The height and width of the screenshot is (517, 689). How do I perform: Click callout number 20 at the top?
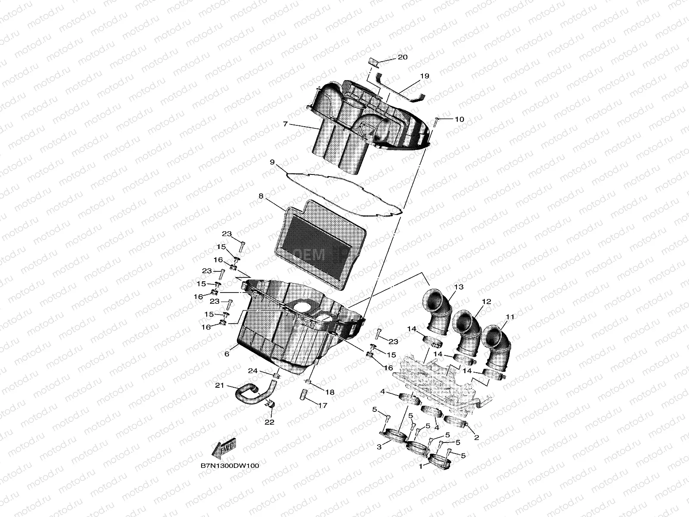[x=402, y=57]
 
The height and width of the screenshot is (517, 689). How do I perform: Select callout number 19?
[x=425, y=76]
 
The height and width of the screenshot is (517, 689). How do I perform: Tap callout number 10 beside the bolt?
[x=459, y=119]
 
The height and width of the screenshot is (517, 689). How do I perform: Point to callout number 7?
[x=285, y=124]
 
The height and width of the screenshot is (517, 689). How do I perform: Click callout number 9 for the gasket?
[x=272, y=162]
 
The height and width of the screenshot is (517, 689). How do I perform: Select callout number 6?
[x=227, y=354]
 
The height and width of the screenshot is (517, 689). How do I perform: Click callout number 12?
[x=487, y=302]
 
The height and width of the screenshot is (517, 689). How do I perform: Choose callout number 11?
[x=510, y=317]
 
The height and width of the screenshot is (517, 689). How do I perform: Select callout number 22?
[x=270, y=422]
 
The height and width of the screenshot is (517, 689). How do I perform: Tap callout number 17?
[x=323, y=405]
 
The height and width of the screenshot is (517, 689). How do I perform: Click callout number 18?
[x=330, y=392]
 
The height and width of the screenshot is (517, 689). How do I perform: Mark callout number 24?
[x=252, y=371]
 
